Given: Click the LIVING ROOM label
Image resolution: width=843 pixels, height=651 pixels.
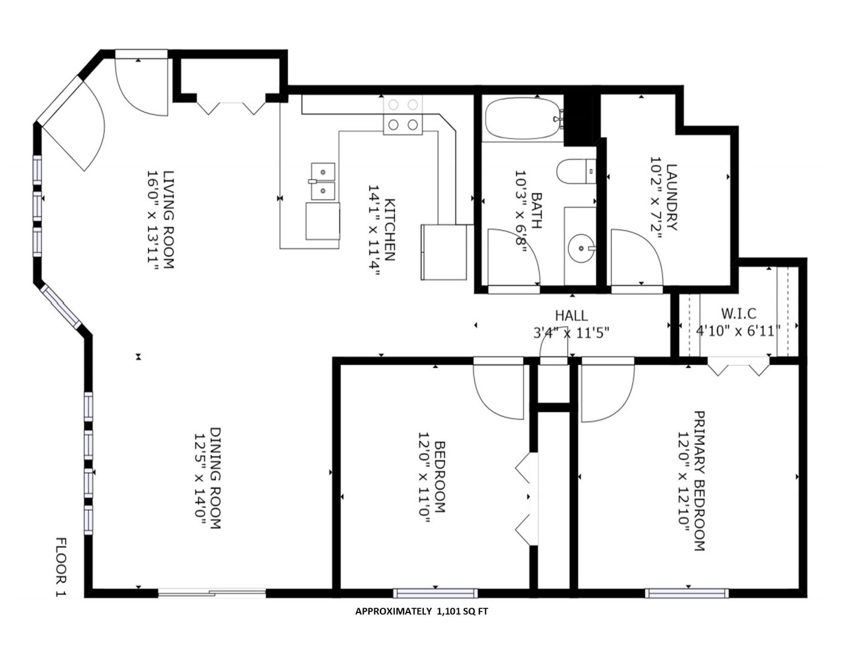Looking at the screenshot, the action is click(169, 219).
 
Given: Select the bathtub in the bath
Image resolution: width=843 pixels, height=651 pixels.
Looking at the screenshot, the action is click(524, 118).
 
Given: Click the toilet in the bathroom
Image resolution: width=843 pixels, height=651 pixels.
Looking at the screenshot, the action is click(576, 171).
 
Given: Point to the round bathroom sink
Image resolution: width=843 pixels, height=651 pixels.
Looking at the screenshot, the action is click(581, 248).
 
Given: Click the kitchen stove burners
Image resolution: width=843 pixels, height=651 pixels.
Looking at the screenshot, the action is click(403, 115).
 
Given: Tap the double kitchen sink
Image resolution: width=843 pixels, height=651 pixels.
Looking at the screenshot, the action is click(323, 181).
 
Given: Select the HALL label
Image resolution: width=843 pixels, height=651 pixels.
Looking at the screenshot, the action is click(572, 316).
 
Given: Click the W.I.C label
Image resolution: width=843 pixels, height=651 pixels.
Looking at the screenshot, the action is click(739, 313).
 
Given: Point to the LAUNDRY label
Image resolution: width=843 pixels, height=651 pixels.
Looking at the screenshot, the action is click(672, 197).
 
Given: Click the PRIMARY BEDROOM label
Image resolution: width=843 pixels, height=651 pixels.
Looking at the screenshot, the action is click(699, 481).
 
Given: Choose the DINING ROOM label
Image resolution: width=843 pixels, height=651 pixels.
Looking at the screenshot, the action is click(215, 479).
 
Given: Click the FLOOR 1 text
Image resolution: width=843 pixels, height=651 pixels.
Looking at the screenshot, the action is click(62, 567).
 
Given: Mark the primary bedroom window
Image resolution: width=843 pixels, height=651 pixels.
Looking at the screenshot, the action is click(687, 604).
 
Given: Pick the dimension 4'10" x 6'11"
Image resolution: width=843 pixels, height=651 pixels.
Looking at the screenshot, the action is click(738, 331).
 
